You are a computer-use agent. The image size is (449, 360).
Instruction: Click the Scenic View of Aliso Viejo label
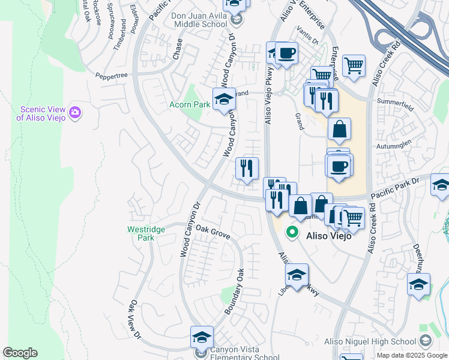41,113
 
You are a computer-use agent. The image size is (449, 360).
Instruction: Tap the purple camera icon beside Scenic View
75,112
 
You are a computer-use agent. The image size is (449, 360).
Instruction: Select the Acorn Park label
188,104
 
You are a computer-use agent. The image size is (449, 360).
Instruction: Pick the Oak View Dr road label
135,319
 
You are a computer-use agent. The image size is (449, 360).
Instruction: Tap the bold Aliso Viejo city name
328,236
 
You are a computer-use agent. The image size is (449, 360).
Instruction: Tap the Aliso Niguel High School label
370,341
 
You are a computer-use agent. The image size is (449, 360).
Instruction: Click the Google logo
20,353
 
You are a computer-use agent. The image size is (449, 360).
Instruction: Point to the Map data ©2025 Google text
411,356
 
